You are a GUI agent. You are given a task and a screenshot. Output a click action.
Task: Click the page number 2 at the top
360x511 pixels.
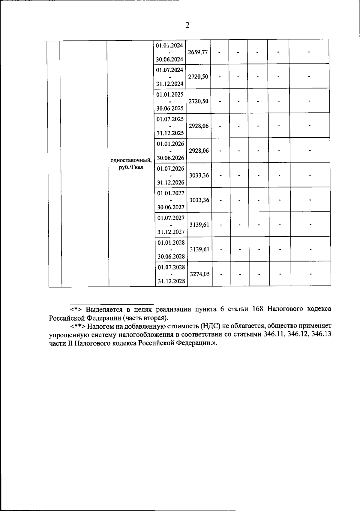(x=187, y=25)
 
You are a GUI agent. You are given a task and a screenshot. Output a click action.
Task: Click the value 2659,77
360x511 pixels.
(x=198, y=52)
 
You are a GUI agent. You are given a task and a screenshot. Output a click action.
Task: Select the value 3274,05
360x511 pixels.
(x=200, y=274)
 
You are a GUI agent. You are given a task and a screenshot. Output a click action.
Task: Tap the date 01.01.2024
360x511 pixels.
(x=169, y=46)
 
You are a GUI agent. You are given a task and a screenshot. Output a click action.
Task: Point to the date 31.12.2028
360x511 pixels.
(x=171, y=281)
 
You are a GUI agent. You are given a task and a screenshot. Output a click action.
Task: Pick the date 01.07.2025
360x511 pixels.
(x=170, y=119)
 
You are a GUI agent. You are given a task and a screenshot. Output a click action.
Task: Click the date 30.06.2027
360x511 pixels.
(x=171, y=207)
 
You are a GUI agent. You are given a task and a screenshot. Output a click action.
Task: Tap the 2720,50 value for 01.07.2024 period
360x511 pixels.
(x=198, y=77)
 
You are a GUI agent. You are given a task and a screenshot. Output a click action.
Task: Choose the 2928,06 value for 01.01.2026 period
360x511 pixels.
(x=199, y=151)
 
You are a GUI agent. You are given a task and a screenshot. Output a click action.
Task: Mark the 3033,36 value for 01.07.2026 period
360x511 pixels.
(x=199, y=175)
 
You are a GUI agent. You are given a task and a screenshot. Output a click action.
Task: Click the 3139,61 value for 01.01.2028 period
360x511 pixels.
(x=199, y=249)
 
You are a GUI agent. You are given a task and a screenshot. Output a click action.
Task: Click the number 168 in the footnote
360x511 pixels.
(x=258, y=309)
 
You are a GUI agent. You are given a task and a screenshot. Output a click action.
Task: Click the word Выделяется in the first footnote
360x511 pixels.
(x=103, y=309)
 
